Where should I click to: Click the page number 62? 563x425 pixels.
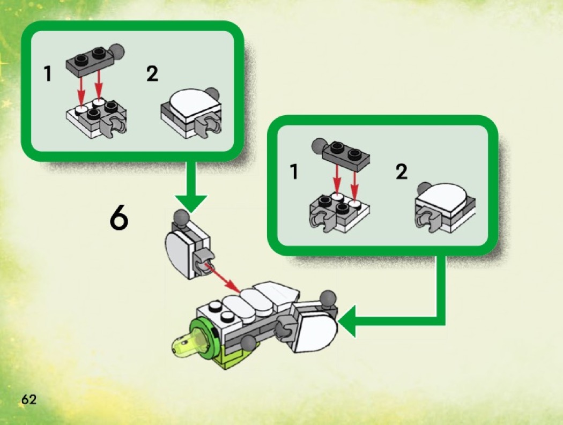point(29,399)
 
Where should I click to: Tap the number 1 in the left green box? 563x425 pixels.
point(48,74)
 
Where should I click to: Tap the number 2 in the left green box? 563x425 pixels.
point(152,74)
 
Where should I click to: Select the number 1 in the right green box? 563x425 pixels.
point(293,172)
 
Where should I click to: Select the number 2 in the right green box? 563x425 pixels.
point(401,172)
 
